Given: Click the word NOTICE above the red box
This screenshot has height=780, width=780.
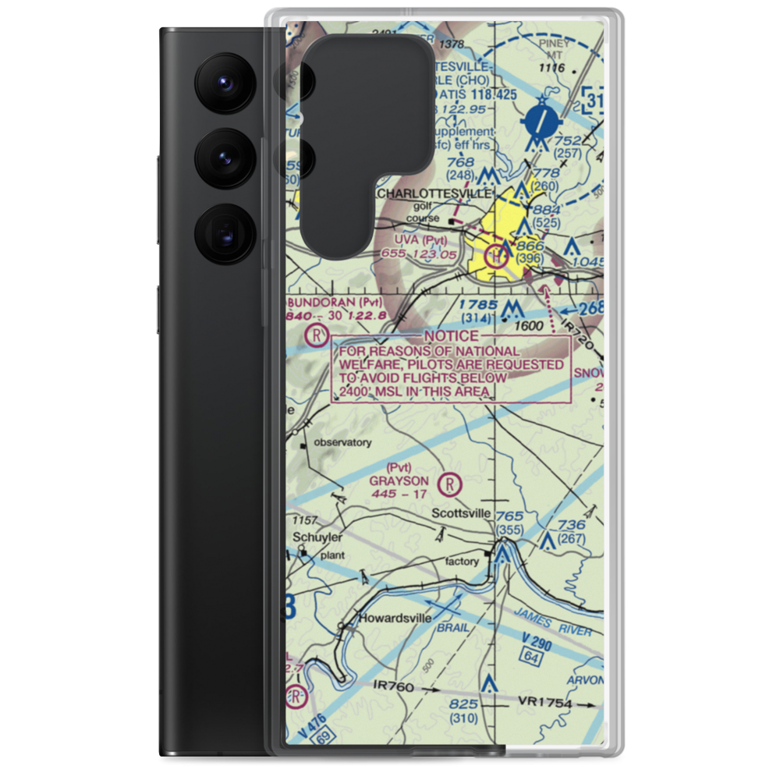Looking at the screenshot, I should click(452, 336).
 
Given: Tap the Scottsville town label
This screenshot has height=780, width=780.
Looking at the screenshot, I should click(463, 513).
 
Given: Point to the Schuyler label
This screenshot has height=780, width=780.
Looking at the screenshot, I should click(313, 537).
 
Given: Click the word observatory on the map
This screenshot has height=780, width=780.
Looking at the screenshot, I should click(342, 442).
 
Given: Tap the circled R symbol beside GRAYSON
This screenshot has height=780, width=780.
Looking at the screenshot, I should click(450, 485).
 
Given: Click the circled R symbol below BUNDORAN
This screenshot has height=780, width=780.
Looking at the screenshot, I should click(315, 336).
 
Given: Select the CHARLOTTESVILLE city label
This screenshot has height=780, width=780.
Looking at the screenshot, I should click(434, 193).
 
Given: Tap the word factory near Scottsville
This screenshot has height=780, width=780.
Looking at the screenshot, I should click(462, 562).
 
